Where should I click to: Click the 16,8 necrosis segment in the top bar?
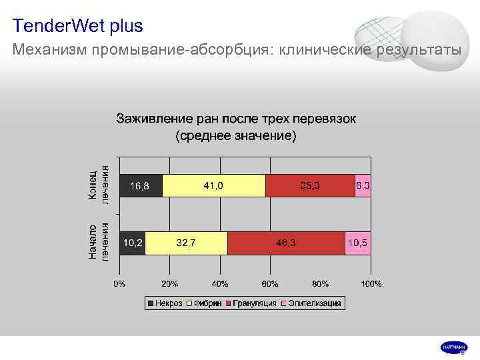coord(141,185)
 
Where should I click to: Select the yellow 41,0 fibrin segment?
coord(213,185)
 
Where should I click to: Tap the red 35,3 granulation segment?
coord(310,185)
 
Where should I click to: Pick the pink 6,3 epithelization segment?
coord(363,185)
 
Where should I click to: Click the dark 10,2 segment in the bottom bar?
coord(132,243)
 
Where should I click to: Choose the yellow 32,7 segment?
coord(186,243)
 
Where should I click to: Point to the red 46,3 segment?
coord(286,243)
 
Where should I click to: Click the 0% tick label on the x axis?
coord(119,284)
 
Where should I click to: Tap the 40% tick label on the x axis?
coord(220,284)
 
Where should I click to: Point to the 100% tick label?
coord(371,284)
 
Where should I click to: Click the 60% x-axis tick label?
coord(271,284)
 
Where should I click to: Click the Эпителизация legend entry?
coord(312,304)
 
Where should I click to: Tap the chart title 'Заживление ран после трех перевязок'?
coord(237,119)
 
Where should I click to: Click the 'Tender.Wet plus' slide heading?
coord(77,27)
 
